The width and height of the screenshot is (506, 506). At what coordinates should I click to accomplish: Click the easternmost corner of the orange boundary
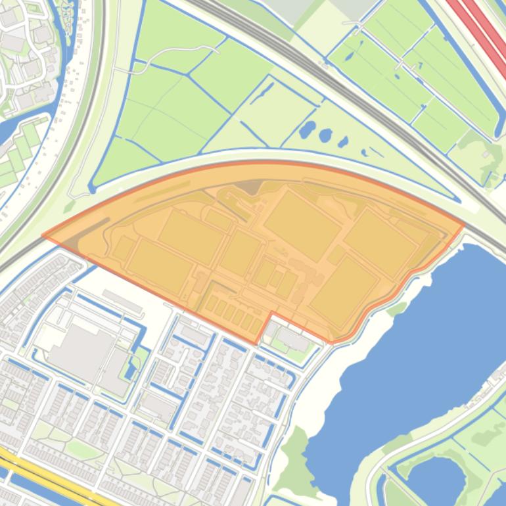(x=464, y=225)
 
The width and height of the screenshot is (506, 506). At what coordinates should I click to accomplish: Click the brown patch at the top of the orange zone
(x=249, y=187)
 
